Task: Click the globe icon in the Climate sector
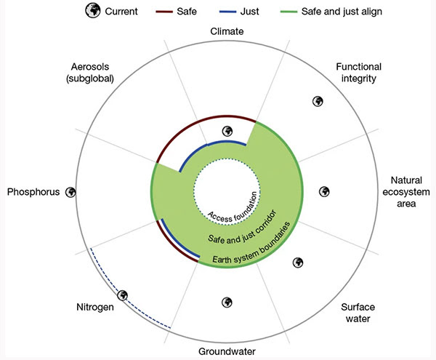pos(227,132)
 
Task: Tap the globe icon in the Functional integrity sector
pos(317,102)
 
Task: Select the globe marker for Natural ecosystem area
pos(325,191)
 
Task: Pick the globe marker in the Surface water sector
pos(296,263)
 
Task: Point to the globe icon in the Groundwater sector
pos(227,302)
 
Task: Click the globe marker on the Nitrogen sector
pos(123,296)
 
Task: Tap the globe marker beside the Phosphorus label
pos(71,192)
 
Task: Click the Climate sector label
pos(227,32)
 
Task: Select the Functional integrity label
pos(358,73)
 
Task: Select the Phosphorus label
pos(35,192)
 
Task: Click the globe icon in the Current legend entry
pos(92,12)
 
